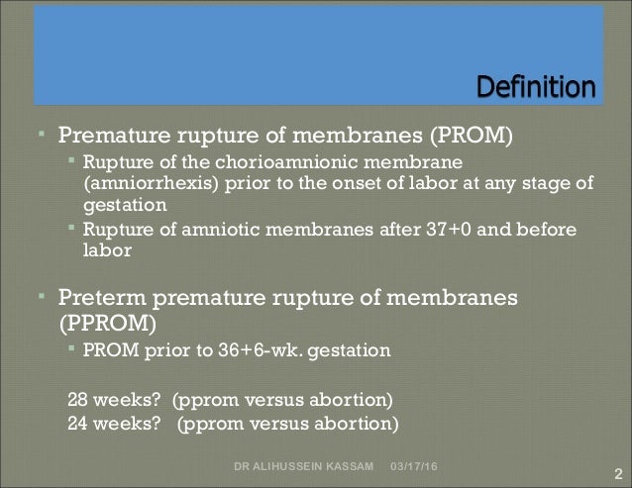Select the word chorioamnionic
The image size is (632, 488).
pyautogui.click(x=305, y=161)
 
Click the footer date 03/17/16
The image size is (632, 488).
pyautogui.click(x=418, y=465)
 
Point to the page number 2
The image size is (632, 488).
pyautogui.click(x=616, y=473)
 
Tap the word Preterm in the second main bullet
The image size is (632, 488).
pyautogui.click(x=103, y=298)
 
